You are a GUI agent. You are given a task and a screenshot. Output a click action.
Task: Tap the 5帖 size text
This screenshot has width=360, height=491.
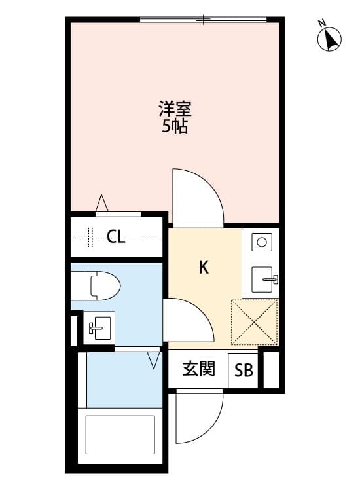[175, 126]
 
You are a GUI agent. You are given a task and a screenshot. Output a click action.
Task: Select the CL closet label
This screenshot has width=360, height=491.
[116, 237]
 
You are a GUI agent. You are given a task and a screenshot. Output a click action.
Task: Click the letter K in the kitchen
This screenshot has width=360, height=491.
[204, 267]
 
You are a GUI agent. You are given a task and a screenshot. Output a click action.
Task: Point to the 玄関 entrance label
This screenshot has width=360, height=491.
[199, 370]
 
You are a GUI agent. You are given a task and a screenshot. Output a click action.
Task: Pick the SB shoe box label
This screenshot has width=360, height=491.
[243, 371]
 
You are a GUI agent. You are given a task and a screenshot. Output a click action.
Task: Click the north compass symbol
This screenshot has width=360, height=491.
[331, 39]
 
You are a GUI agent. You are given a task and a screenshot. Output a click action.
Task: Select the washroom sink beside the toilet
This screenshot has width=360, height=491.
[99, 326]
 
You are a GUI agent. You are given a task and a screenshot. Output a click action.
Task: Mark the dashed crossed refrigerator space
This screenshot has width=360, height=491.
[255, 321]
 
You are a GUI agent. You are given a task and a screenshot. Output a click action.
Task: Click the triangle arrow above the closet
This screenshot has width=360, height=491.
[101, 203]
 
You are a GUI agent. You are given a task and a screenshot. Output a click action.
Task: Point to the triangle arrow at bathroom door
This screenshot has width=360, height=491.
[154, 360]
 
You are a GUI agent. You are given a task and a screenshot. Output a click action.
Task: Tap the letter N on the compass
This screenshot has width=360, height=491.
[322, 24]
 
